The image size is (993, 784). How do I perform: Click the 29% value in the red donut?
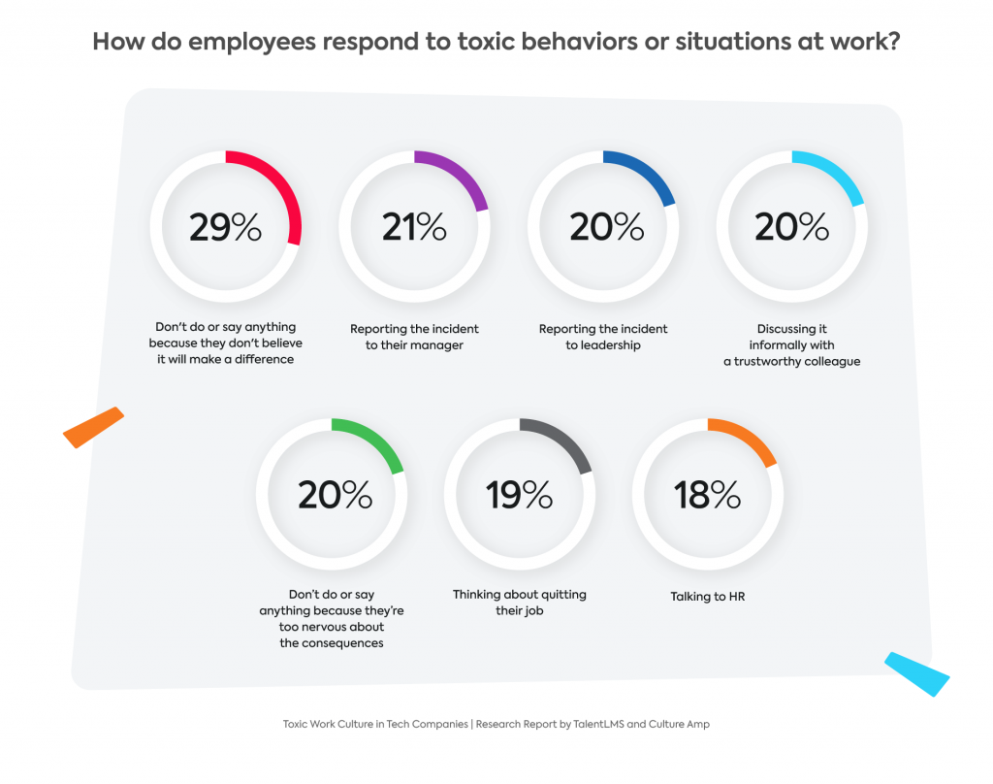point(225,227)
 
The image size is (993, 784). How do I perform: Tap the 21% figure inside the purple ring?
point(414,227)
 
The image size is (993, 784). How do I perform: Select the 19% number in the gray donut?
point(520,495)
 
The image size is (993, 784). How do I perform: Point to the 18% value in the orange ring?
point(708,495)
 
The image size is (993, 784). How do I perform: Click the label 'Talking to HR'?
point(708,597)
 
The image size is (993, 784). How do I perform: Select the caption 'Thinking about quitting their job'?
point(520,603)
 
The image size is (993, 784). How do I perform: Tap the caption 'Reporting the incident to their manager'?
point(414,337)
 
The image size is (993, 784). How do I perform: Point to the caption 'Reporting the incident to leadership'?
point(603,337)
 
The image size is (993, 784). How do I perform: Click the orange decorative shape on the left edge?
point(94,427)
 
